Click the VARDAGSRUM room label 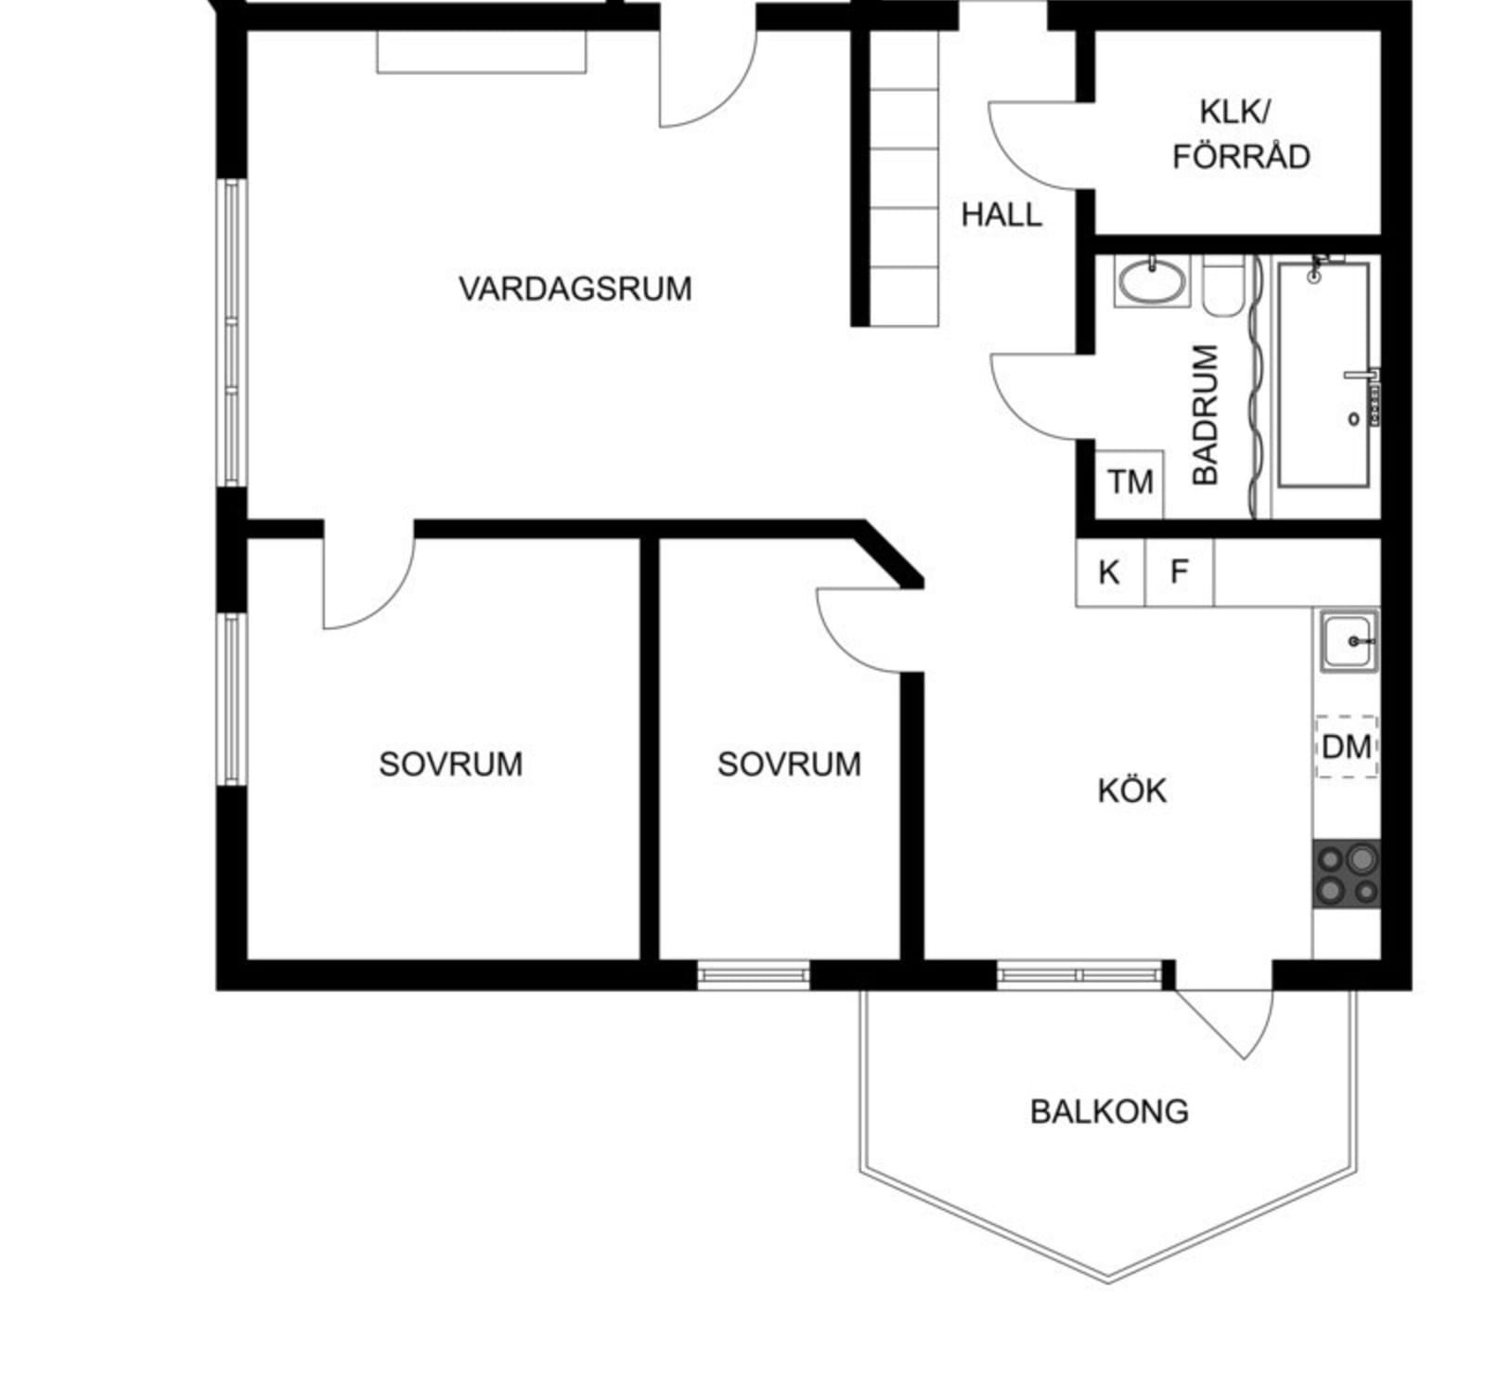[x=575, y=289]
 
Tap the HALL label [x=1001, y=214]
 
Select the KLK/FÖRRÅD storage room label [x=1241, y=134]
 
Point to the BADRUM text [x=1205, y=414]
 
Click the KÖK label [x=1132, y=791]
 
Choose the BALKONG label [x=1109, y=1111]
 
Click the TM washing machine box [x=1130, y=483]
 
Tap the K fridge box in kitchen [x=1111, y=573]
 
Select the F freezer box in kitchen [x=1180, y=573]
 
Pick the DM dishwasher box [x=1347, y=746]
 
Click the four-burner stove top [x=1347, y=874]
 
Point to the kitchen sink [x=1349, y=640]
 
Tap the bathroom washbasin [x=1152, y=281]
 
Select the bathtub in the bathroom [x=1324, y=375]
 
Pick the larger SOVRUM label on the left [x=451, y=764]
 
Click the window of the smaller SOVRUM [x=753, y=974]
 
